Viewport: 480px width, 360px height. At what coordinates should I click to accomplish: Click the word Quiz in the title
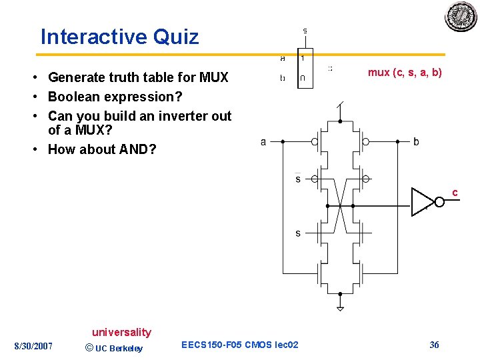click(x=176, y=37)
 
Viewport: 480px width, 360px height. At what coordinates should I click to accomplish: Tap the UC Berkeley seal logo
click(x=461, y=16)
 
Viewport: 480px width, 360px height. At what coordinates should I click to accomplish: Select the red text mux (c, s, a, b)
click(x=405, y=73)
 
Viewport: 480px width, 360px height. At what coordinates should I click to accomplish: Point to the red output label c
click(x=455, y=193)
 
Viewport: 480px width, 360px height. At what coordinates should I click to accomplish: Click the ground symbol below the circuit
click(x=340, y=308)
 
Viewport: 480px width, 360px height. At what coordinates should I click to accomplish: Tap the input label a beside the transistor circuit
click(x=263, y=141)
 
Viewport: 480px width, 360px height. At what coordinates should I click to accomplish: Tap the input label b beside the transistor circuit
click(x=416, y=141)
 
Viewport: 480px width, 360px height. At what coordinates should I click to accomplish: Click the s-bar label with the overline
click(x=298, y=179)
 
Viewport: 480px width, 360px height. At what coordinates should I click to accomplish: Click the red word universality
click(x=121, y=332)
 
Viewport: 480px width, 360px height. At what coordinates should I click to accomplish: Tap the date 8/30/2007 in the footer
click(x=33, y=345)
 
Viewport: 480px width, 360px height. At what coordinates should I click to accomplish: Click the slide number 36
click(x=434, y=345)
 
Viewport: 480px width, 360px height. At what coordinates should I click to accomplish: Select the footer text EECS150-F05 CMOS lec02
click(x=240, y=345)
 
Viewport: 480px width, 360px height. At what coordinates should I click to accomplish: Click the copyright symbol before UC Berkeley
click(x=89, y=347)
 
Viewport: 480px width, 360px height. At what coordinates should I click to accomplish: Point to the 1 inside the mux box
click(x=303, y=58)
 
